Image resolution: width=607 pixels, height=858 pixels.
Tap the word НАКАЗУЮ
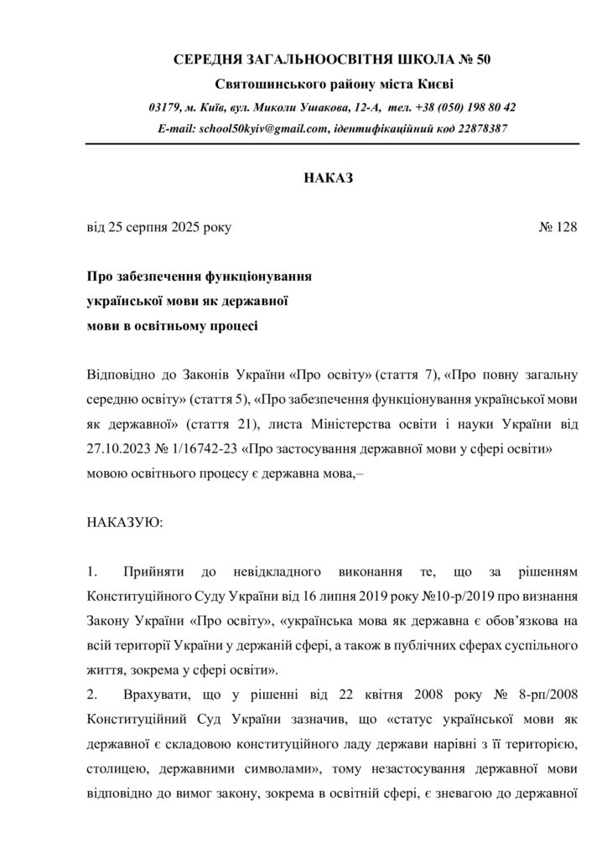tap(126, 521)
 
